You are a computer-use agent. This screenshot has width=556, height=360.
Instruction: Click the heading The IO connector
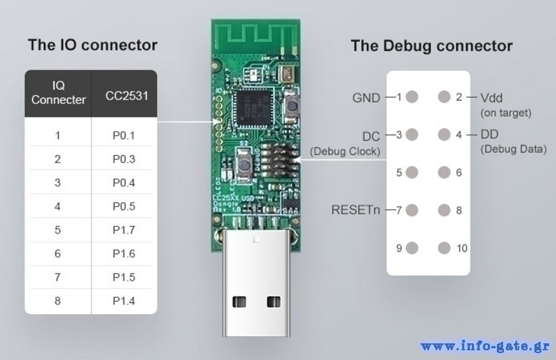(92, 46)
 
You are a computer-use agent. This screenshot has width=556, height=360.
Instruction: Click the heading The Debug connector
(432, 47)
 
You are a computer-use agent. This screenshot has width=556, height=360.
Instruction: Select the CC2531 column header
(126, 95)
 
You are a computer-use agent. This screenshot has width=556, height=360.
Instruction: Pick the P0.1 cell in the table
(123, 136)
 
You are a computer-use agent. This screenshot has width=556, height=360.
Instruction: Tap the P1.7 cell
(123, 230)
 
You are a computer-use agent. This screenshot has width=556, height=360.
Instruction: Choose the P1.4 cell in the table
(123, 301)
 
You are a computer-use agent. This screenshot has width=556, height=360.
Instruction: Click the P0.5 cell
(123, 206)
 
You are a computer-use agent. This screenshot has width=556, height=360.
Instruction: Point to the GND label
(366, 98)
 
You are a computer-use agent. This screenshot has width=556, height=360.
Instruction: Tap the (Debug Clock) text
(345, 151)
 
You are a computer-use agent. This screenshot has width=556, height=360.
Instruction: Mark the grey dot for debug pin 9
(412, 247)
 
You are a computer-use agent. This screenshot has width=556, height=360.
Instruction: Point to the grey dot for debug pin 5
(412, 172)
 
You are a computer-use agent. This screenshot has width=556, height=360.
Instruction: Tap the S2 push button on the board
(245, 165)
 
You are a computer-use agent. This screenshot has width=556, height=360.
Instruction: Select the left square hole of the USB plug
(240, 302)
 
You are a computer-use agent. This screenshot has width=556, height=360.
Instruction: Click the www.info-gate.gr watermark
(486, 345)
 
